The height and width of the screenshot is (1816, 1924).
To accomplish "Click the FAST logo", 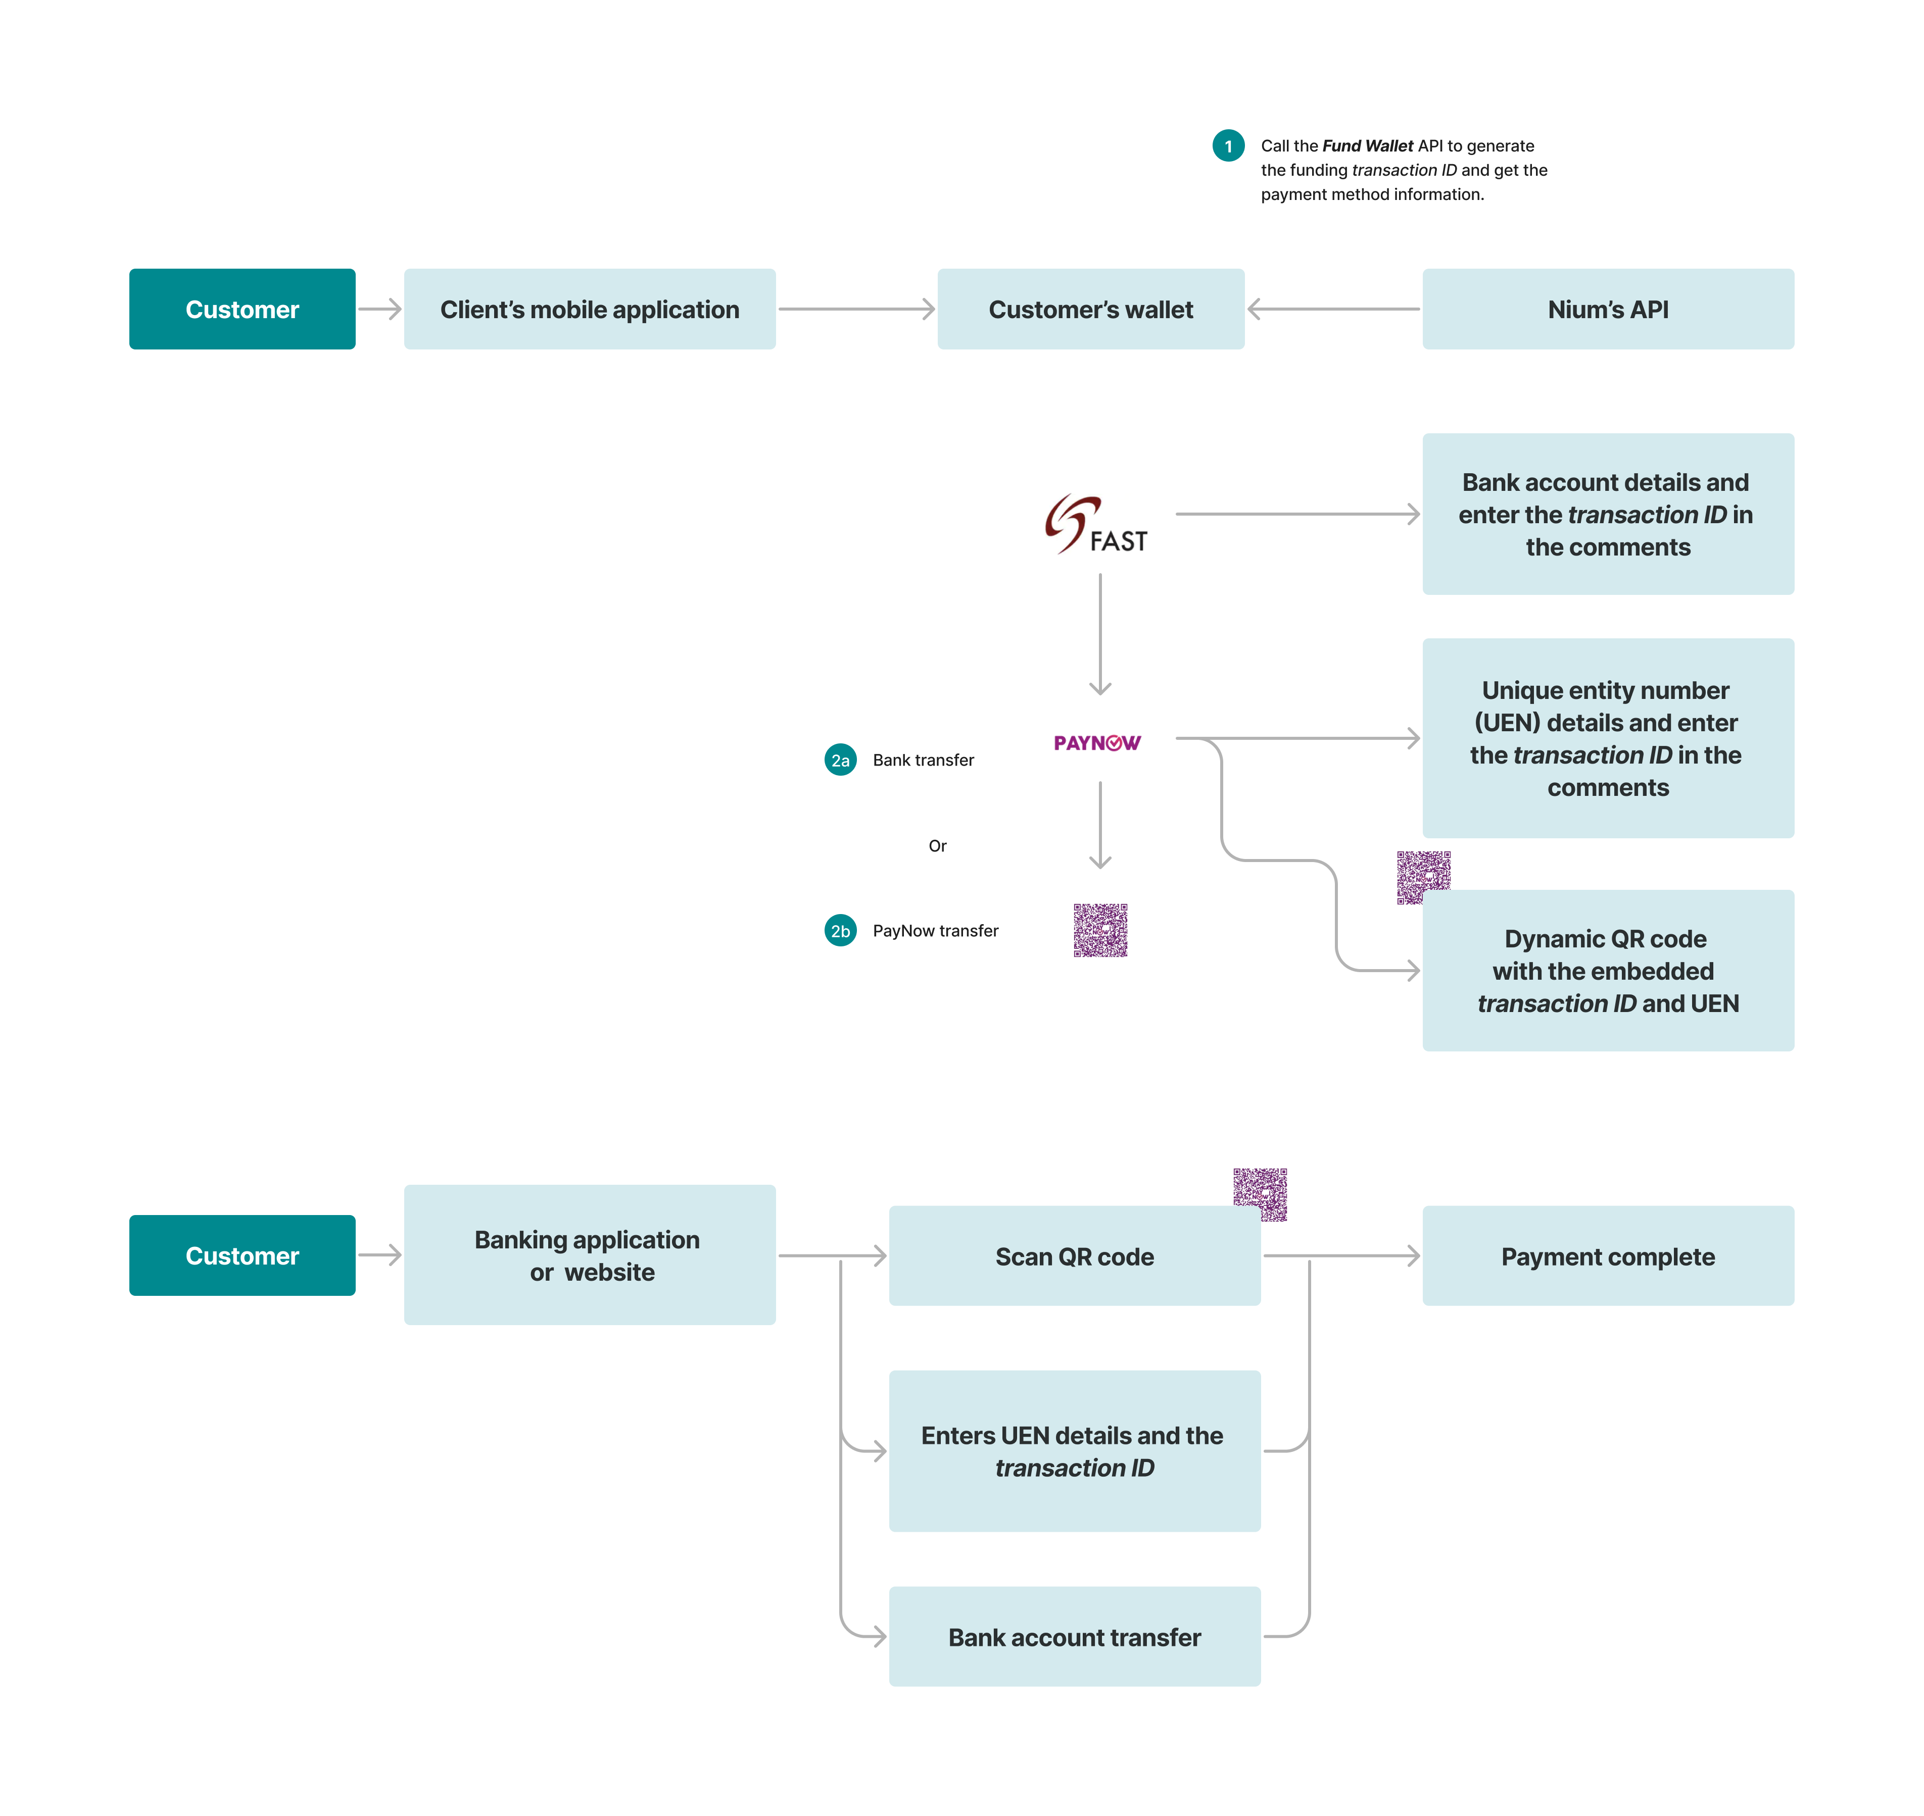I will [x=1096, y=525].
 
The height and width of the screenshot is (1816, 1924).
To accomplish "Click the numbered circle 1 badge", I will [x=1228, y=146].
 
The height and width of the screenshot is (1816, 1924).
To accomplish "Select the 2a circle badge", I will [x=840, y=760].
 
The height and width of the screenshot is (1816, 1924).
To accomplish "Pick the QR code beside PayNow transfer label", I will [x=1100, y=930].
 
